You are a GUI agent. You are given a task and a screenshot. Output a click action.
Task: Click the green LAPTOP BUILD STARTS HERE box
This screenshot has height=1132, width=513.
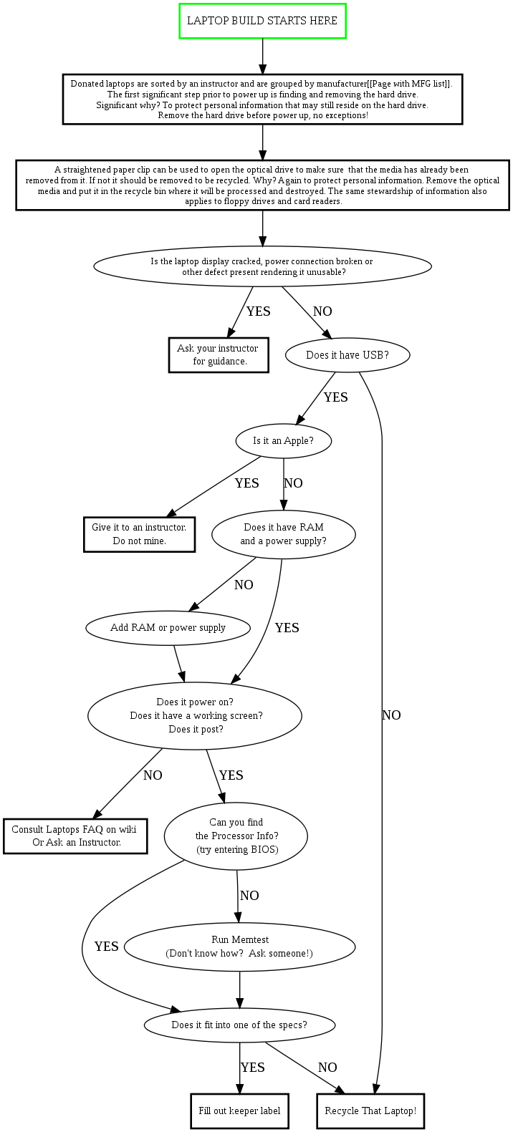tap(262, 21)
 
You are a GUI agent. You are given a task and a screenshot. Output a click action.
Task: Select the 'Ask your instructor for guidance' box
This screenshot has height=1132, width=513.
tap(219, 355)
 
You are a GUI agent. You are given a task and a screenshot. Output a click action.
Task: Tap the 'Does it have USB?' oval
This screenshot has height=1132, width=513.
tap(347, 354)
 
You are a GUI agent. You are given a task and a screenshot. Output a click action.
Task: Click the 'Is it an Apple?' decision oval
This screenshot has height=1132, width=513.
tap(283, 441)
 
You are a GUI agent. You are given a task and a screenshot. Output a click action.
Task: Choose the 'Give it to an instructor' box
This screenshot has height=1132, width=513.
tap(139, 534)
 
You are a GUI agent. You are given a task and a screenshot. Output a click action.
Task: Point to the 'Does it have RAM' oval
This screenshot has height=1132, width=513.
tap(283, 534)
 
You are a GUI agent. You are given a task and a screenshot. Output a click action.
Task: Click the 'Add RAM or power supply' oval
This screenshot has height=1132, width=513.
tap(168, 628)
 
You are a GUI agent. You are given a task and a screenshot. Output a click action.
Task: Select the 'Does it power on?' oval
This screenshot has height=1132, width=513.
tap(195, 715)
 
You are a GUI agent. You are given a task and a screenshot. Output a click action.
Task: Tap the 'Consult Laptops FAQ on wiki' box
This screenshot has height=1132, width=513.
tap(75, 836)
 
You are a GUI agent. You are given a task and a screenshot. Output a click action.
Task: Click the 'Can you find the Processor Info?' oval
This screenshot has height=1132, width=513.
tap(236, 836)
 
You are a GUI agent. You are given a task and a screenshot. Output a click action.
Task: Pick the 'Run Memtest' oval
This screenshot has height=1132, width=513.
tap(239, 947)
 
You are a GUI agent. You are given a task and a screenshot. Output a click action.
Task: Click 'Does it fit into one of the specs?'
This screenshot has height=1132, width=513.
tap(239, 1025)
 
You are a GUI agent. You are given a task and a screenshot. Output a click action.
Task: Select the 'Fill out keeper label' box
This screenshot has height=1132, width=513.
tap(239, 1111)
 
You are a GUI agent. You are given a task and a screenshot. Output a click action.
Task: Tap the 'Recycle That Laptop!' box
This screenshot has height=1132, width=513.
tap(370, 1111)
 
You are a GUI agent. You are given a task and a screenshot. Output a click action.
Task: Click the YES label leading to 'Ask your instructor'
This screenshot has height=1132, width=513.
tap(258, 311)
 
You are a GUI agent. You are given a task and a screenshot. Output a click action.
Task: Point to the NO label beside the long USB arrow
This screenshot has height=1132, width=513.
tap(391, 715)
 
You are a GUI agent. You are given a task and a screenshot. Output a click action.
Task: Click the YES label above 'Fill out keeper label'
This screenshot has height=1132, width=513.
tap(252, 1068)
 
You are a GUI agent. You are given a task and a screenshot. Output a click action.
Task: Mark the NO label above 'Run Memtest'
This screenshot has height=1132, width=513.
tap(249, 896)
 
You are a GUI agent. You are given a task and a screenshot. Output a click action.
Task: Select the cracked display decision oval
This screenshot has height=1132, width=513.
tap(262, 266)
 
